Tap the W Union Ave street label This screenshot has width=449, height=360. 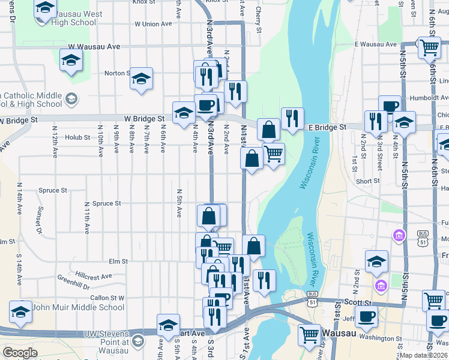click(x=153, y=25)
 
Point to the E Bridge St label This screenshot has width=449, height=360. click(x=327, y=127)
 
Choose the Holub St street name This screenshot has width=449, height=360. click(x=77, y=137)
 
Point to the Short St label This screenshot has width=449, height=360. click(x=367, y=181)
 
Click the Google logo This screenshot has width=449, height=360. click(x=20, y=353)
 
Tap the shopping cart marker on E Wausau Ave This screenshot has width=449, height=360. click(x=429, y=47)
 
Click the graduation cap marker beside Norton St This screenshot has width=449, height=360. click(x=142, y=79)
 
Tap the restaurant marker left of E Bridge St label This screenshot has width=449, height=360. click(x=292, y=118)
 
